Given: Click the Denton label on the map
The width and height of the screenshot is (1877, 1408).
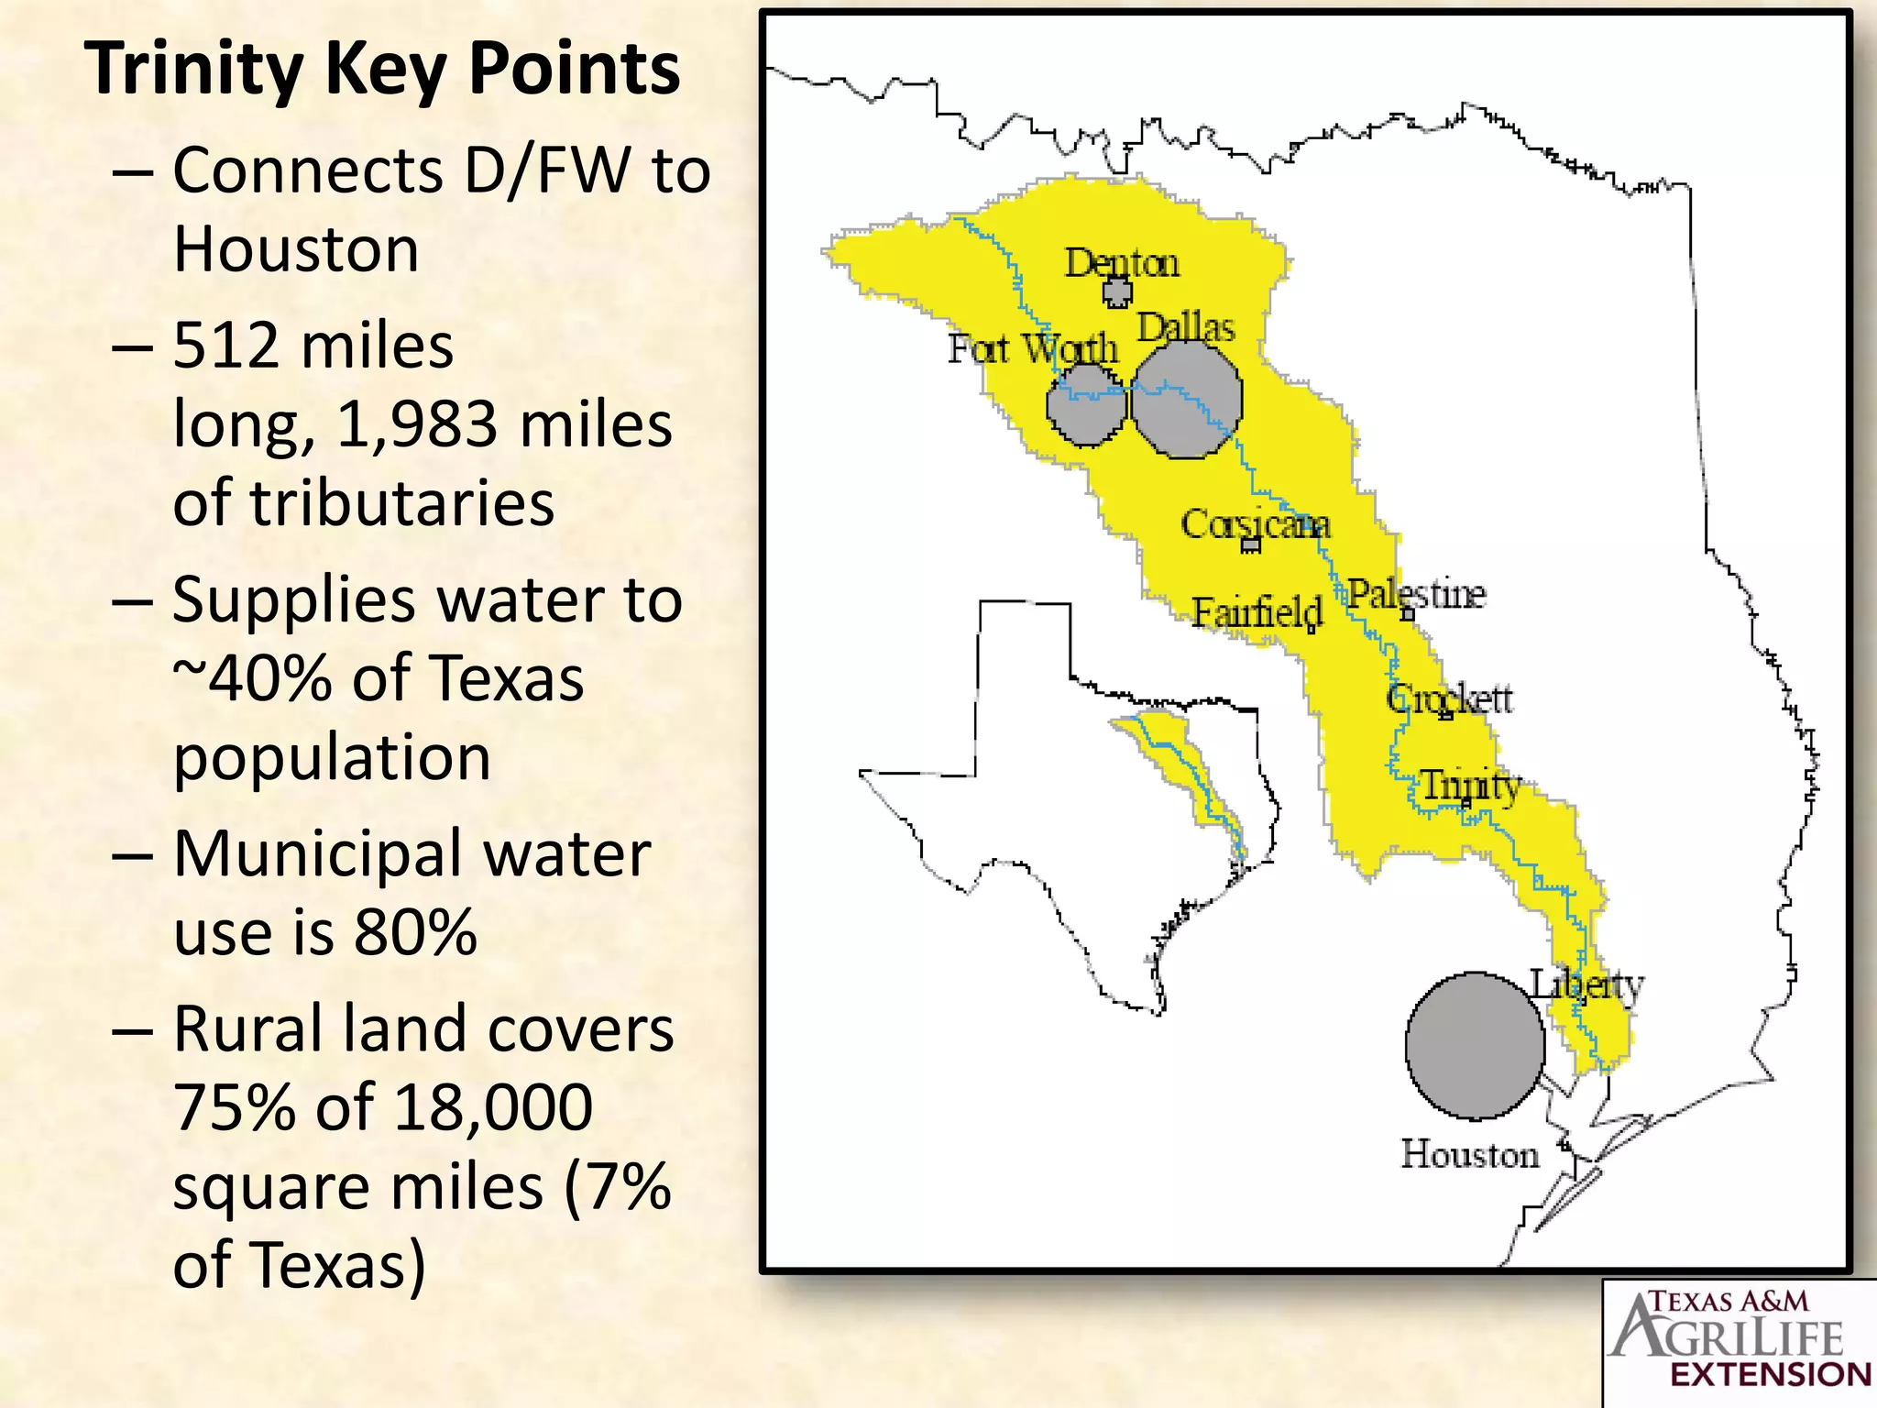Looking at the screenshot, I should point(1121,264).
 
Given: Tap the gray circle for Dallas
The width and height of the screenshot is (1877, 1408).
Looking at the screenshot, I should point(1187,400).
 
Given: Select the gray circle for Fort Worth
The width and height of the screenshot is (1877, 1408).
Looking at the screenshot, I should point(1086,405).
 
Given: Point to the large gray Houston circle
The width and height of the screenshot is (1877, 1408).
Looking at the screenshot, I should point(1475,1046).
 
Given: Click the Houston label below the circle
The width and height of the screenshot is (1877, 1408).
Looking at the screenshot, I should point(1469,1154).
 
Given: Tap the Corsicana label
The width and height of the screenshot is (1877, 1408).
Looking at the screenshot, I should point(1255,524).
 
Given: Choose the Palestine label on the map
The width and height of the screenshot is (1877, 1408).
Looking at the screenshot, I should point(1416,594).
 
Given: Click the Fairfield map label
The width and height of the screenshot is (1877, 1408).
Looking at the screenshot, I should point(1257,611).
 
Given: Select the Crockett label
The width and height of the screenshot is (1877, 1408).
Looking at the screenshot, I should point(1449,699).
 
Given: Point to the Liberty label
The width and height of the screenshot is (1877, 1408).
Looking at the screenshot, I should point(1586,984).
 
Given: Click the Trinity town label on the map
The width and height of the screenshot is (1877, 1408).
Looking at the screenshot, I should point(1470,786).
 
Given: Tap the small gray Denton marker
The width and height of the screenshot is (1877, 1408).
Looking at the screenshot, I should point(1117,292).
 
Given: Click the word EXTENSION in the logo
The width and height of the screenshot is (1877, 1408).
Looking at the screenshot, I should point(1771,1374).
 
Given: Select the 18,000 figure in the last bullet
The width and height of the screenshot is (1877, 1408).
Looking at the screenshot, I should point(494,1107).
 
